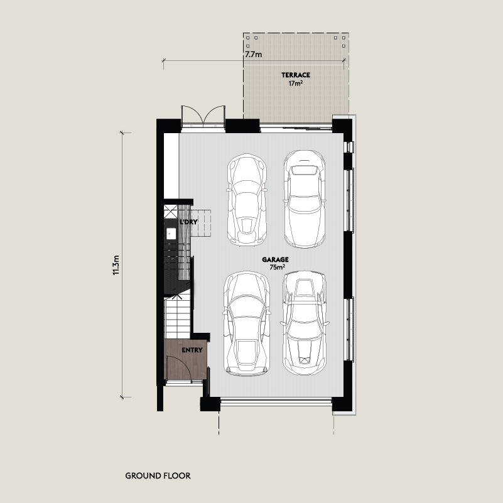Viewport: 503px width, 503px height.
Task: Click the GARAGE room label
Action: tap(275, 259)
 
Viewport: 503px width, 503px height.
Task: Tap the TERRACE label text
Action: tap(296, 75)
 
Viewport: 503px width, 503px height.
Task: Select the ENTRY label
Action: tap(192, 350)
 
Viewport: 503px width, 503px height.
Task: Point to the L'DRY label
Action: tap(188, 222)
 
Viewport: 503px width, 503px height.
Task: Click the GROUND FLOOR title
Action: tap(158, 476)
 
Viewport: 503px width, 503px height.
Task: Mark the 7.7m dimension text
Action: tap(254, 55)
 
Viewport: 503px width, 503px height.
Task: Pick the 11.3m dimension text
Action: tap(116, 265)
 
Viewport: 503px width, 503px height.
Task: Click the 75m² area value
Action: tap(277, 268)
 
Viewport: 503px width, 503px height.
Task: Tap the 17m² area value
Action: tap(295, 84)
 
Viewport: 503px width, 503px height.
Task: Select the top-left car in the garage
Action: tap(247, 200)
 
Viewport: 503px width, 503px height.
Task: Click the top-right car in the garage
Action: tap(305, 199)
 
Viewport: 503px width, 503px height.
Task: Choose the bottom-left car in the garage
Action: tap(247, 323)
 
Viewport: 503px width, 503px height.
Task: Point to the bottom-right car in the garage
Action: tap(305, 323)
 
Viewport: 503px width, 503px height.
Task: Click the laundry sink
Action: tap(171, 234)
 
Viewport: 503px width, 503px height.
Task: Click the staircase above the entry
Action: tap(177, 317)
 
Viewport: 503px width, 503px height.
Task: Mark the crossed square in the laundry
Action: tap(170, 212)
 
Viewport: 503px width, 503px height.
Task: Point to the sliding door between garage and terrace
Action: tap(295, 129)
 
